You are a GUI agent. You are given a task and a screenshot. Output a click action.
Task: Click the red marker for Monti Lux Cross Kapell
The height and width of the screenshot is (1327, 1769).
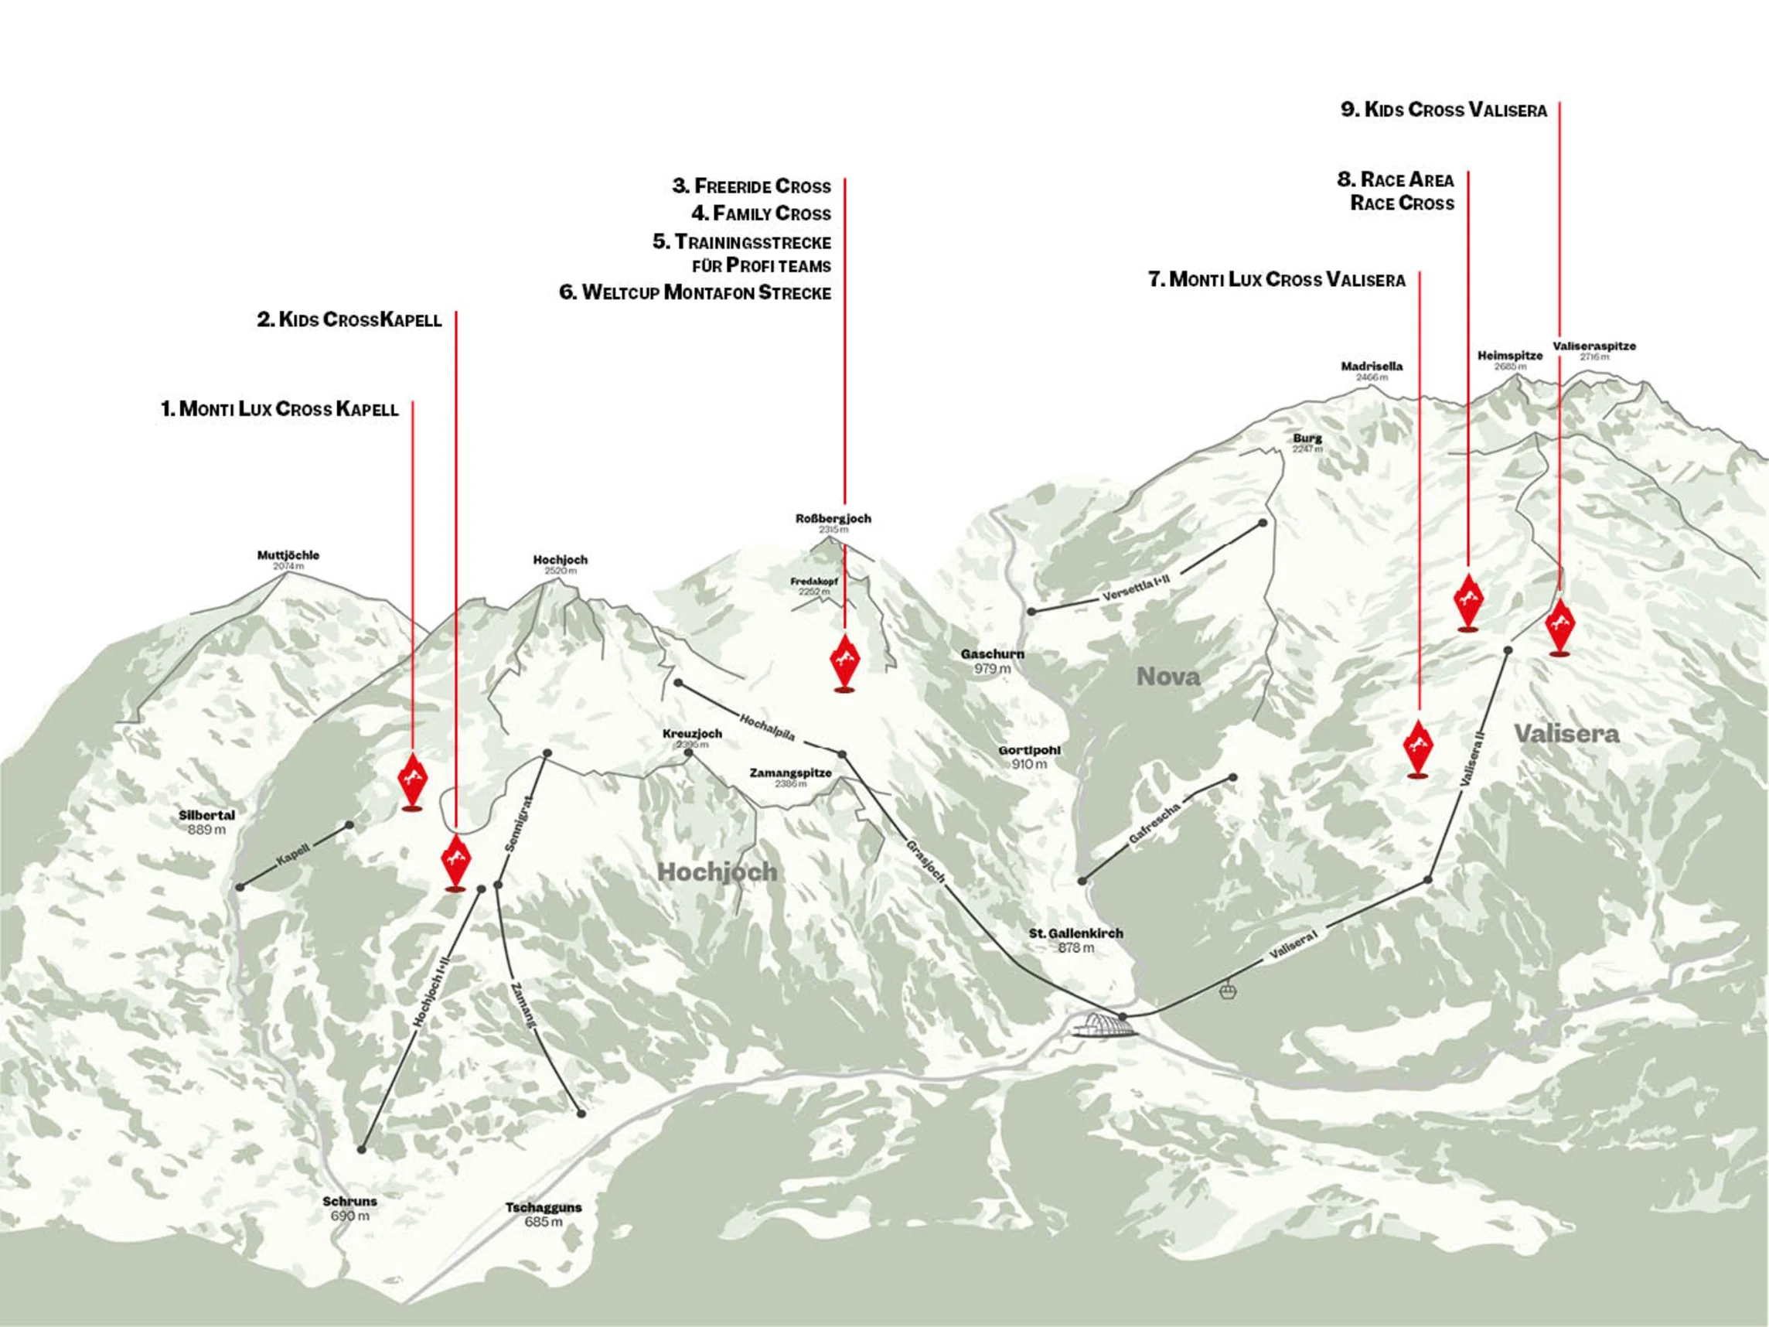413,778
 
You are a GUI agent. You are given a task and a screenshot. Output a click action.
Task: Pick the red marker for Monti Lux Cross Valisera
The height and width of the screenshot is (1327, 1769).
1418,745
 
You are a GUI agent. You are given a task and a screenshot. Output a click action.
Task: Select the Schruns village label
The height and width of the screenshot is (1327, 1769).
349,1208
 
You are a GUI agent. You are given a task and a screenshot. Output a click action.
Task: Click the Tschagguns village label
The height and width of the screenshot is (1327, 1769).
543,1214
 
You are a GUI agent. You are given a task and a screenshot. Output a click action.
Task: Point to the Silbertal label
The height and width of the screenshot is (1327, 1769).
206,821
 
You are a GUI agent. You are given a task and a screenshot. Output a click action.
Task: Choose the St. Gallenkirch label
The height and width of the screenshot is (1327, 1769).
1075,940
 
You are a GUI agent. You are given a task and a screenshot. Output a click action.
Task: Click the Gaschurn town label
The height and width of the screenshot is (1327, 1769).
992,660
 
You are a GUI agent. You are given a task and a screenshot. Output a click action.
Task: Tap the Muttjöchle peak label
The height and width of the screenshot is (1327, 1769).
288,558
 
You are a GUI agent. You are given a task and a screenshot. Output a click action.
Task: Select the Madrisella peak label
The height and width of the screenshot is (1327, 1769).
1372,370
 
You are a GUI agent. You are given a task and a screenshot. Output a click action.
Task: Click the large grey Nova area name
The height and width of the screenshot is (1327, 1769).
1168,677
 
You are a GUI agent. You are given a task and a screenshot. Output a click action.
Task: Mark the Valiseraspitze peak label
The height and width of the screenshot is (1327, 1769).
1593,350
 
